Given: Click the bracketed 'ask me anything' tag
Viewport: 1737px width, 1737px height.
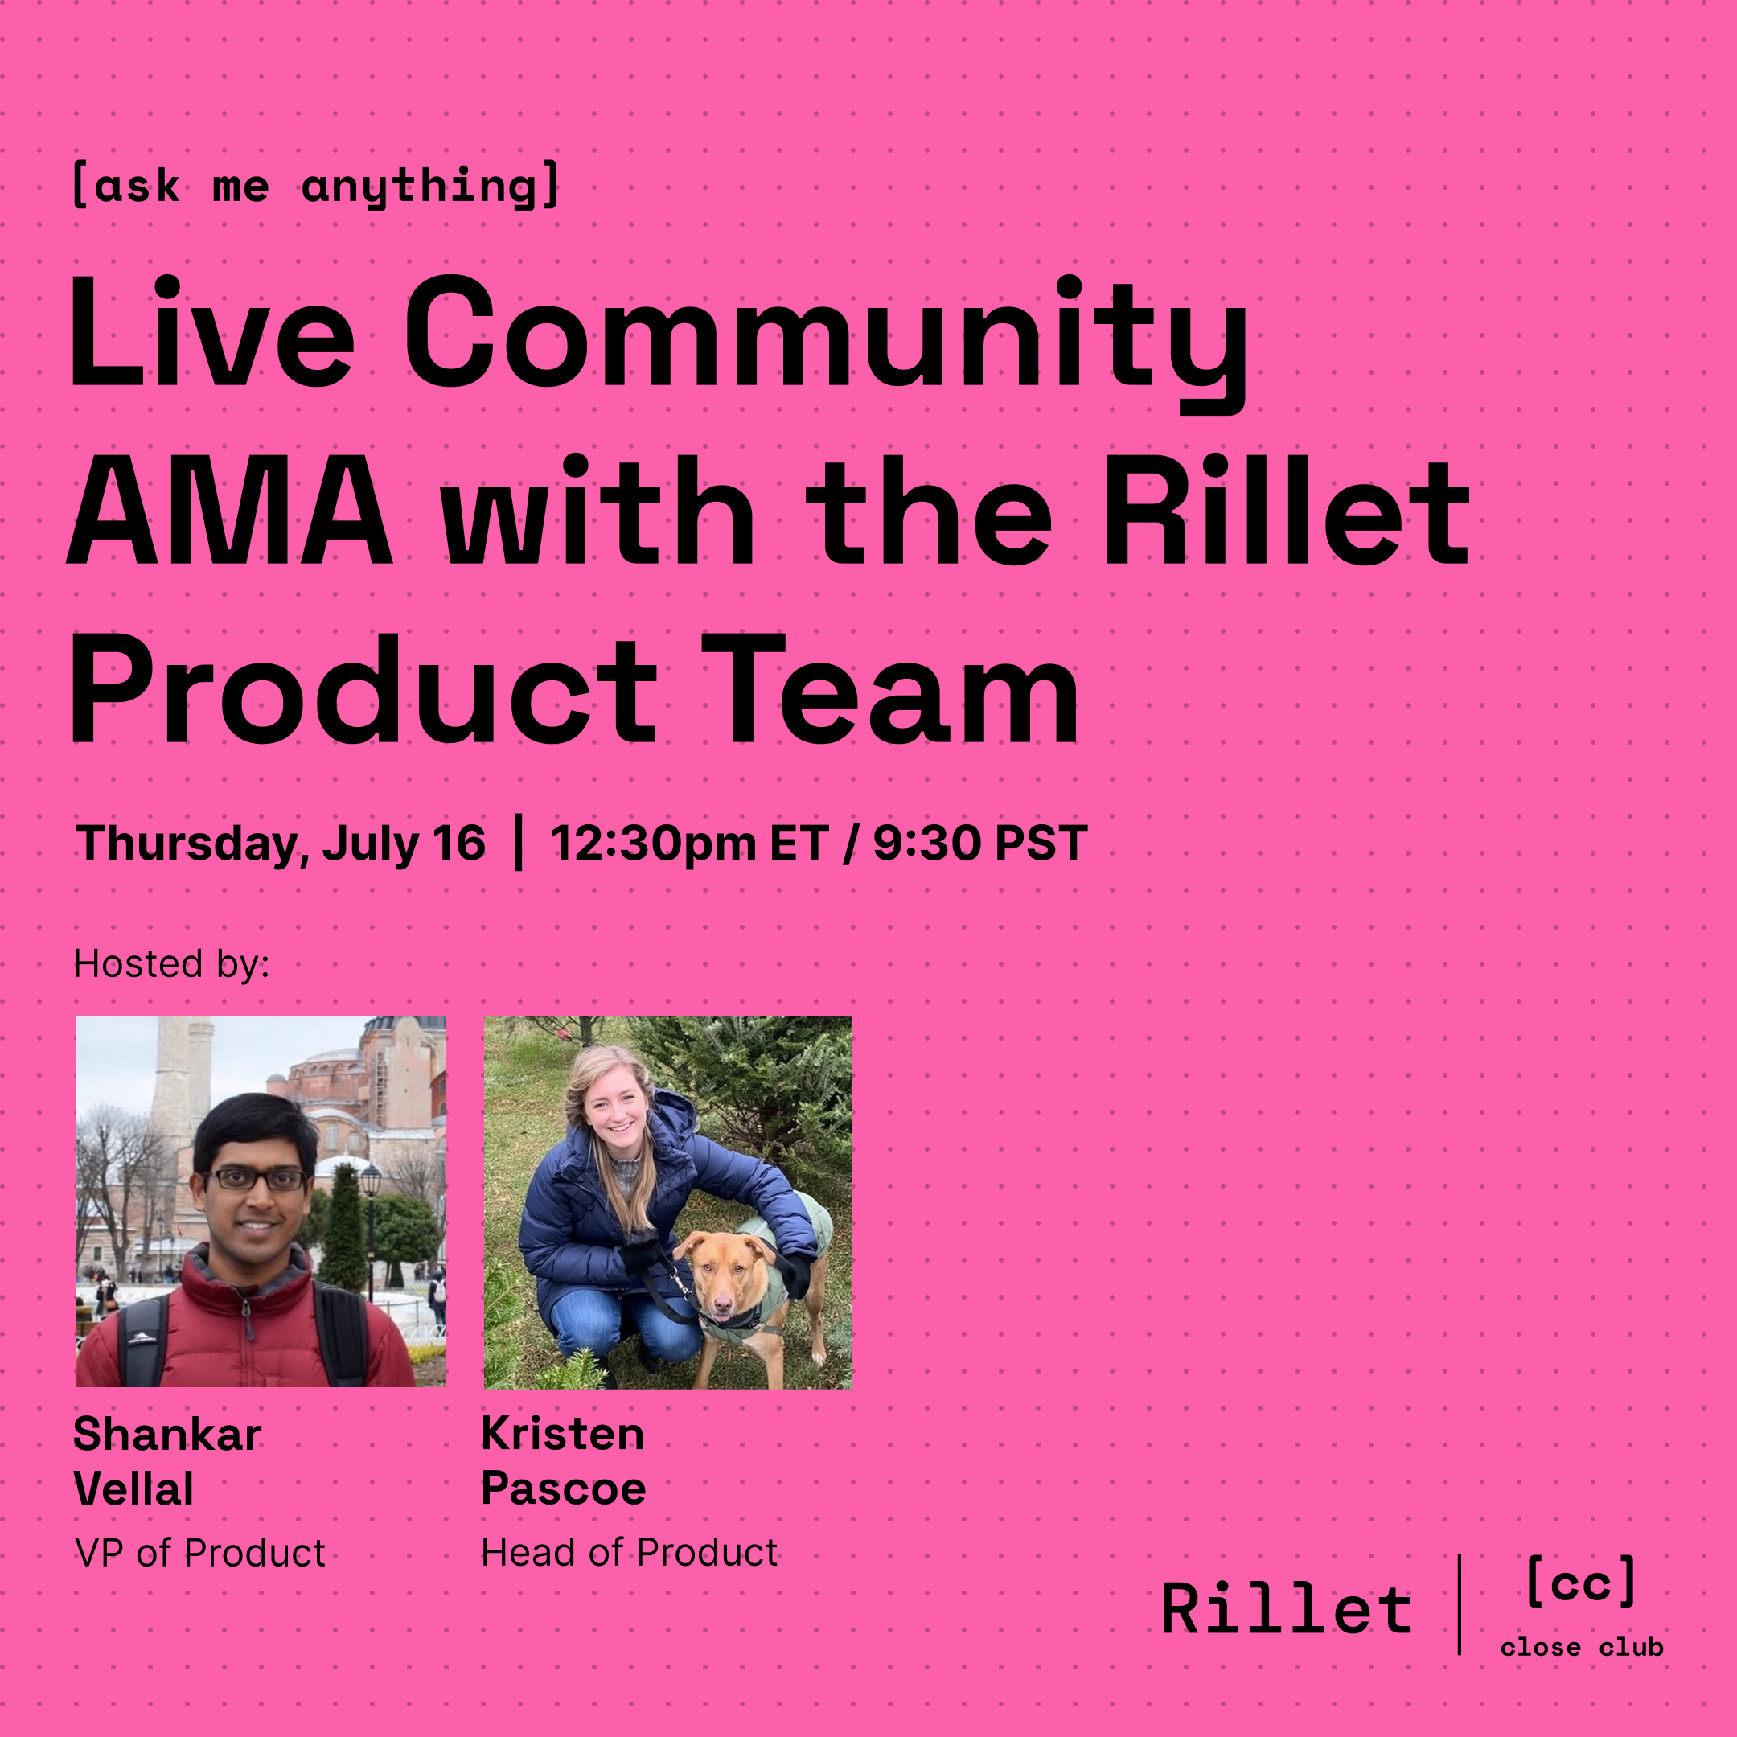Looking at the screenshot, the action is [x=315, y=186].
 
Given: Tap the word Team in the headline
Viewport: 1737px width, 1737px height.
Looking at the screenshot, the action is [x=890, y=690].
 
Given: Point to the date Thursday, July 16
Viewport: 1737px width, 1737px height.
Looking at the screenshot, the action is [x=281, y=844].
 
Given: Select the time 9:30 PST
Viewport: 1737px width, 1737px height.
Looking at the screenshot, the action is [x=980, y=844].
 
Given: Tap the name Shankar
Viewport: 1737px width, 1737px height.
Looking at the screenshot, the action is [x=167, y=1433].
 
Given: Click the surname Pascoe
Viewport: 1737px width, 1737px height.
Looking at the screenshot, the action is [x=564, y=1489].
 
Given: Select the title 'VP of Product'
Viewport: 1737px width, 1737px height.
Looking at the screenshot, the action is [x=200, y=1553].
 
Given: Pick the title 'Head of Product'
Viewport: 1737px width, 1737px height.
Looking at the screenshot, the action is [x=630, y=1553].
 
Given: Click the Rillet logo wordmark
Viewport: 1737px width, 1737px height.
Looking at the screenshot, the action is [x=1287, y=1608].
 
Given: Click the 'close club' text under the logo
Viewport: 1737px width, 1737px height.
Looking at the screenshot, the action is [x=1582, y=1647].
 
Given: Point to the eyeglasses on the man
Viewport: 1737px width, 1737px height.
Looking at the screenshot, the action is [x=257, y=1179].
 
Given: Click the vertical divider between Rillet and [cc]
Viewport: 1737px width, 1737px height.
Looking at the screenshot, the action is [x=1460, y=1605].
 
